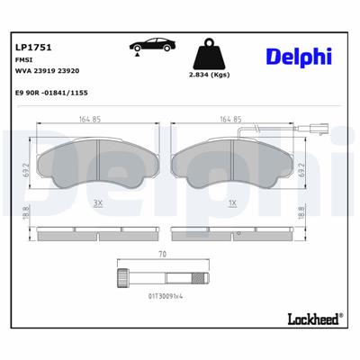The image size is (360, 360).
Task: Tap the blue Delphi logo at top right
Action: click(296, 57)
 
